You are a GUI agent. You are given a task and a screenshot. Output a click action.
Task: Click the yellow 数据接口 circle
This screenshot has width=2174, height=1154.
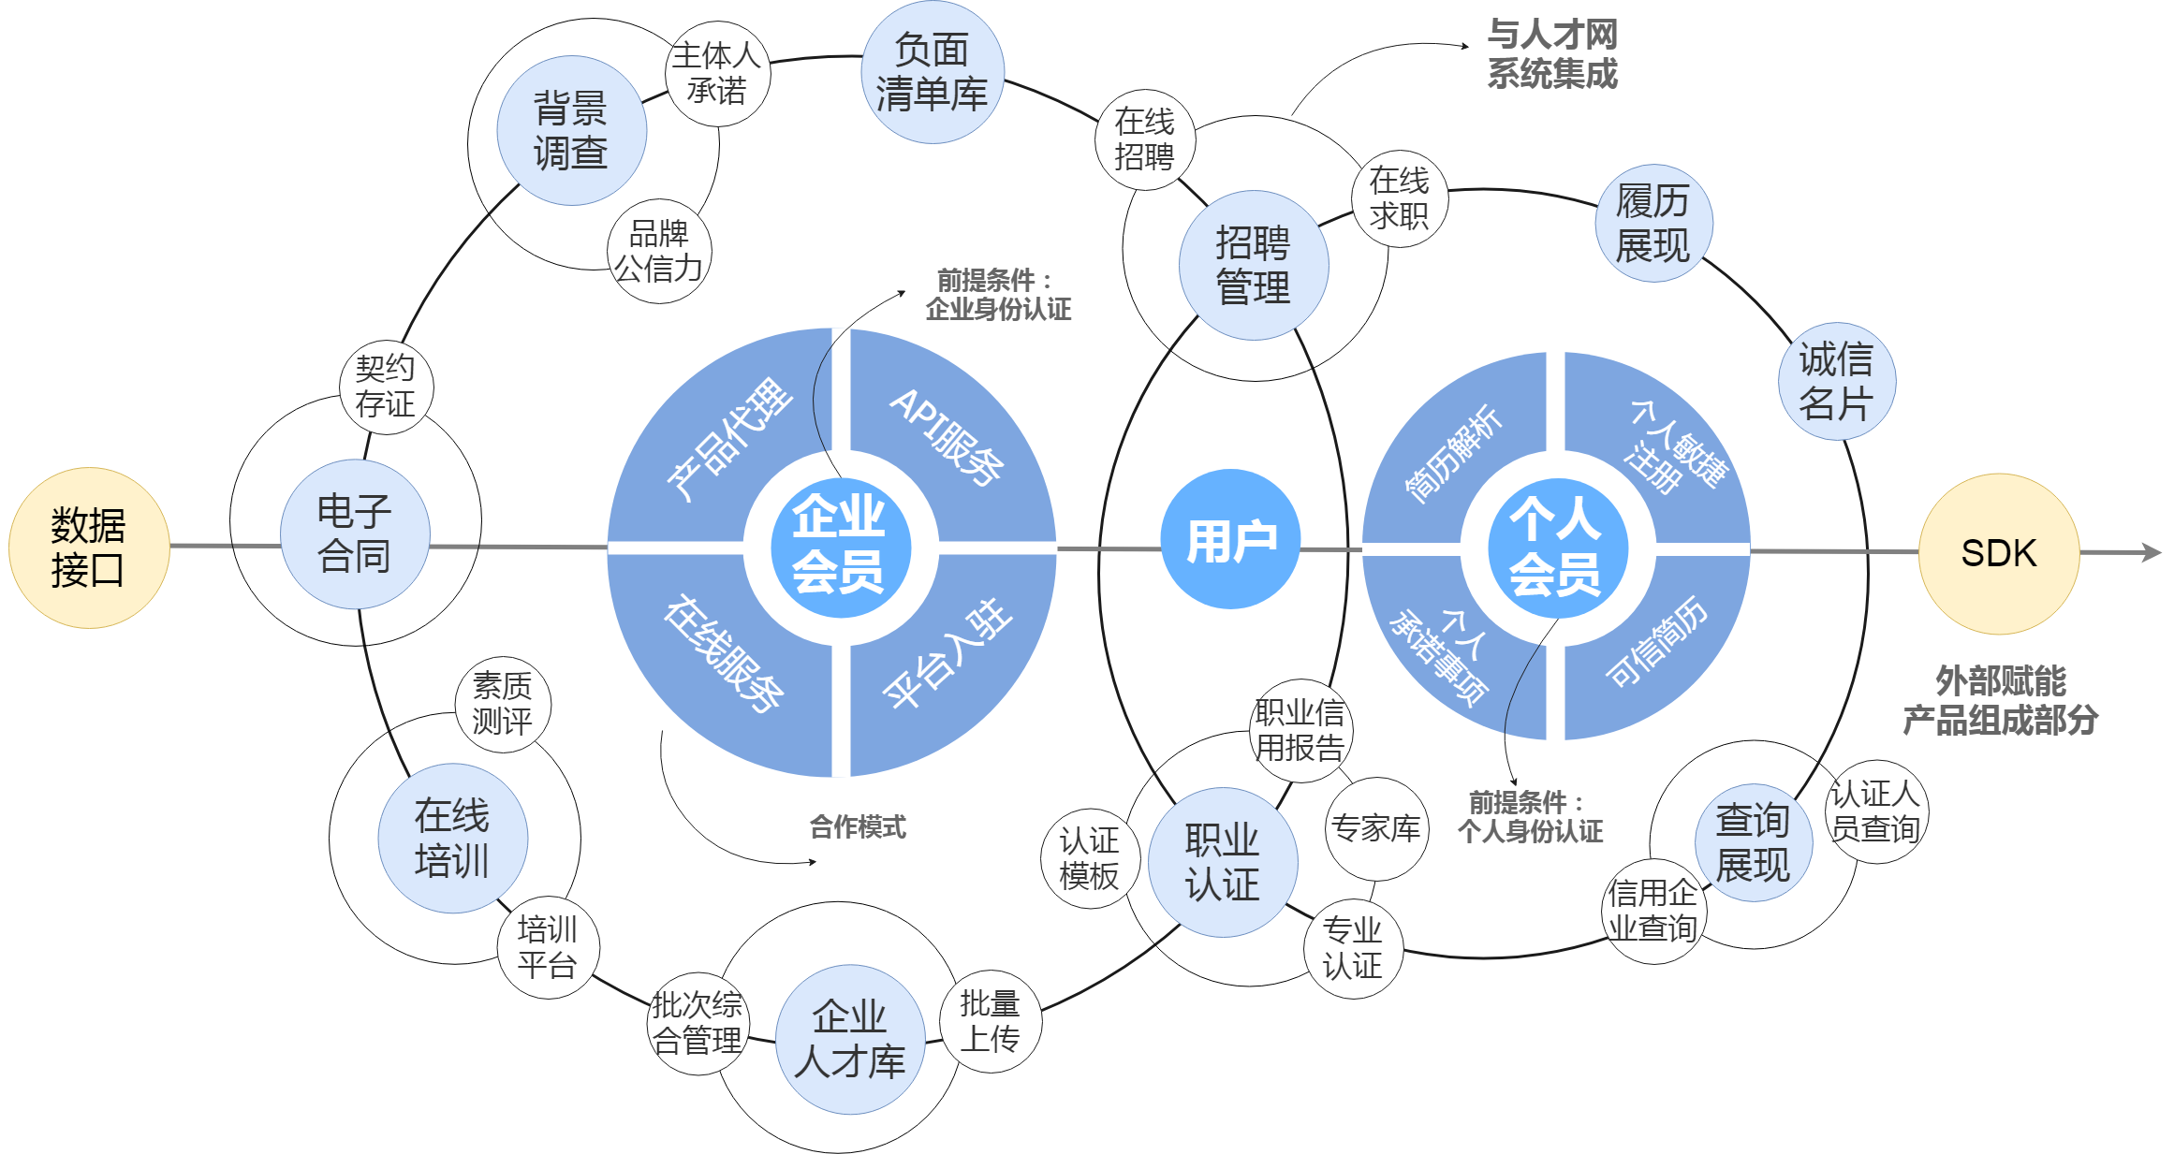(89, 548)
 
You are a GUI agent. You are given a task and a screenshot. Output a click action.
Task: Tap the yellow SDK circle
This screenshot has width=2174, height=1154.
(1999, 553)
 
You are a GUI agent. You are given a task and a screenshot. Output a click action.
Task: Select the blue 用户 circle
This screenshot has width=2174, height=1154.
(1230, 540)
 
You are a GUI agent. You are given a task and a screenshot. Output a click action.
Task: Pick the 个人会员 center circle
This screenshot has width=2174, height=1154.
(1556, 548)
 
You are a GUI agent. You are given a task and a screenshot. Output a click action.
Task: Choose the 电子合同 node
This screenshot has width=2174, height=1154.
(355, 533)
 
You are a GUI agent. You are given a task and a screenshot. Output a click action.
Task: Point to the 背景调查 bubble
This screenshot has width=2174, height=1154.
(571, 130)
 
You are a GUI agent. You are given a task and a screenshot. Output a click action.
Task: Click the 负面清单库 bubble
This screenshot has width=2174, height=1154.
(933, 72)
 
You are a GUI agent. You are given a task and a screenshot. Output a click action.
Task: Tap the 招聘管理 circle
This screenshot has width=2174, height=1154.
(1254, 265)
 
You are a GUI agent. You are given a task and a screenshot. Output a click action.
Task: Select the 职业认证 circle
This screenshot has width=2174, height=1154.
(1223, 862)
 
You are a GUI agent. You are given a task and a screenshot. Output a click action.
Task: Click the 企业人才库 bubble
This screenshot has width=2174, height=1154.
(850, 1039)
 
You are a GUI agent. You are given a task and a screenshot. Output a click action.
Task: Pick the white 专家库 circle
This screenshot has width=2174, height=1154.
(1376, 828)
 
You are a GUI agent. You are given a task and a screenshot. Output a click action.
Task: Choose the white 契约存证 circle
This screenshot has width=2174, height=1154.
(386, 387)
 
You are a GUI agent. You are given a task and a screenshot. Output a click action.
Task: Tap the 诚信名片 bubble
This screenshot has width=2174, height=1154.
(1836, 381)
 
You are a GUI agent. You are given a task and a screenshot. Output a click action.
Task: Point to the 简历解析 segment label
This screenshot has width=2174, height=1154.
(1453, 454)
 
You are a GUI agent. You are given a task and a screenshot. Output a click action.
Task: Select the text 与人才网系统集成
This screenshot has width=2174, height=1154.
(1552, 54)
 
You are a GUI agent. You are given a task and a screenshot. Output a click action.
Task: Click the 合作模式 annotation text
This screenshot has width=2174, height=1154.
(858, 826)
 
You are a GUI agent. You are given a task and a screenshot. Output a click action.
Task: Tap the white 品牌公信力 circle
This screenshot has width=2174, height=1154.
(659, 251)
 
